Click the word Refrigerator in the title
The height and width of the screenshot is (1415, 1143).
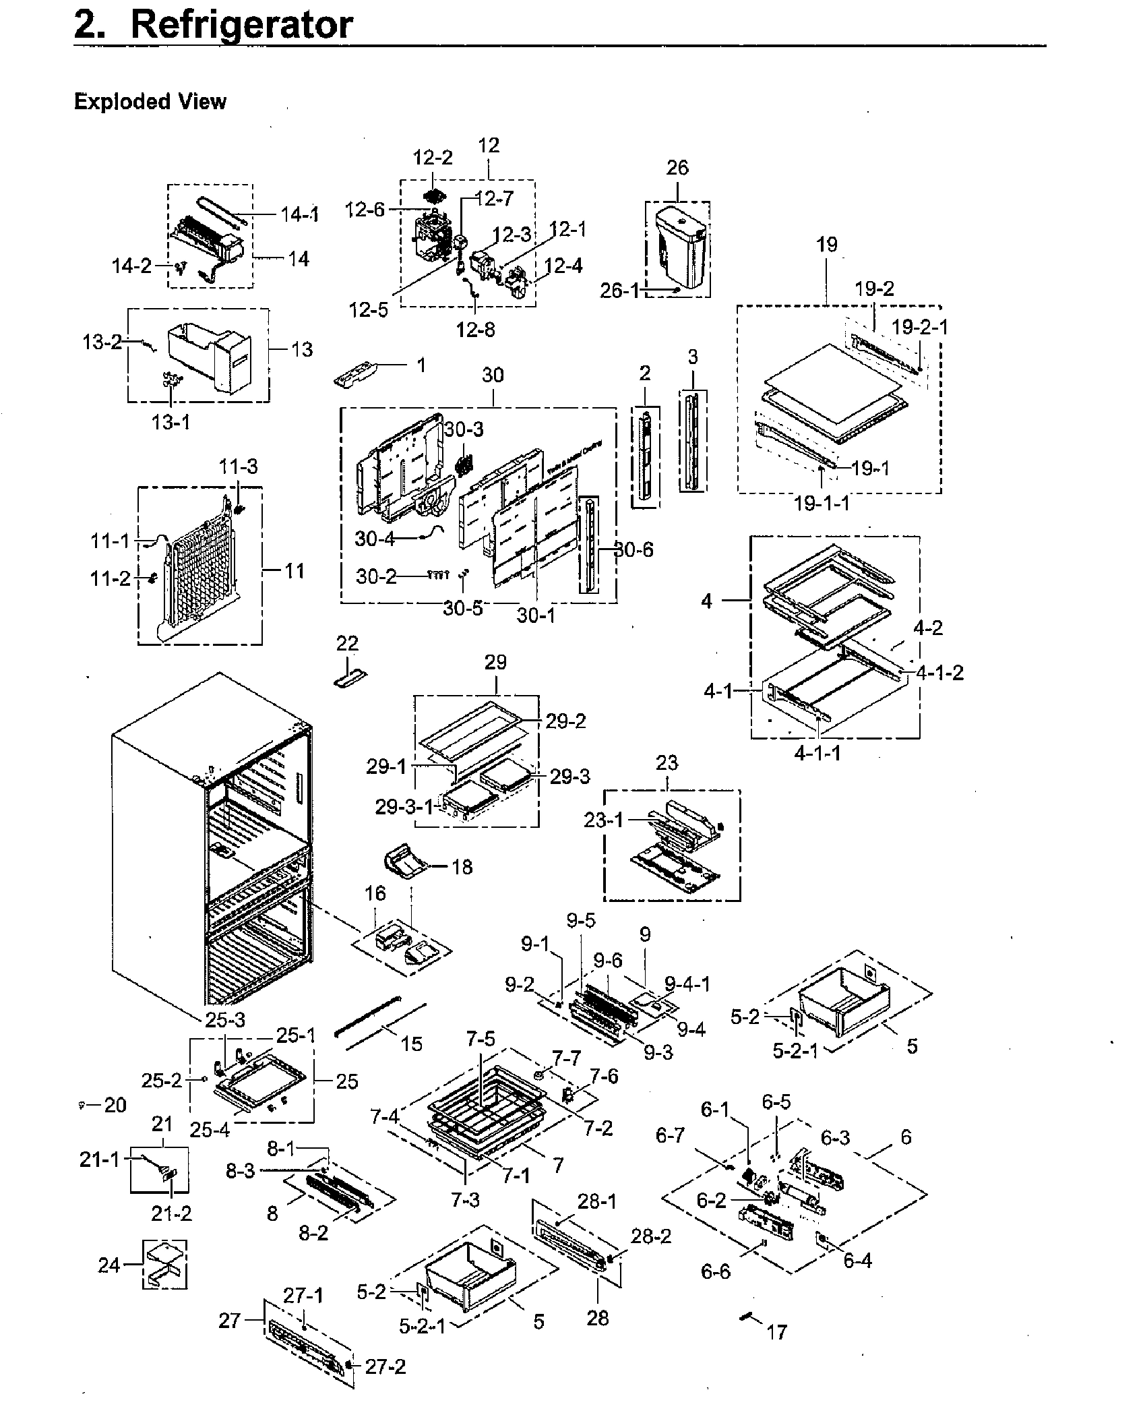(x=241, y=25)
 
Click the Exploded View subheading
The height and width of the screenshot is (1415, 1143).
(x=150, y=102)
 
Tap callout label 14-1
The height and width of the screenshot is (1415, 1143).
(x=300, y=215)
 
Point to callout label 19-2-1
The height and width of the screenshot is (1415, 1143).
(x=919, y=327)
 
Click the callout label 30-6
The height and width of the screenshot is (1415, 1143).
(x=634, y=550)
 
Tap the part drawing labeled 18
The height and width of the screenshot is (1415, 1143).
(x=404, y=865)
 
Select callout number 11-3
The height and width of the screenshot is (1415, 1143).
(x=238, y=466)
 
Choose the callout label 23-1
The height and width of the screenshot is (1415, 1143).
(x=603, y=820)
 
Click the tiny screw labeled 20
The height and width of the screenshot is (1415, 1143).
(x=82, y=1106)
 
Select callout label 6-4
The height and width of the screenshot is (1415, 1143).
(x=857, y=1260)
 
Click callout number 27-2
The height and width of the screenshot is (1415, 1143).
(x=385, y=1366)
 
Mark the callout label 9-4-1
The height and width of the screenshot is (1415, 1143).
(x=687, y=985)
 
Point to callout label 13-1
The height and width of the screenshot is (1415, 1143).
(x=171, y=423)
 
